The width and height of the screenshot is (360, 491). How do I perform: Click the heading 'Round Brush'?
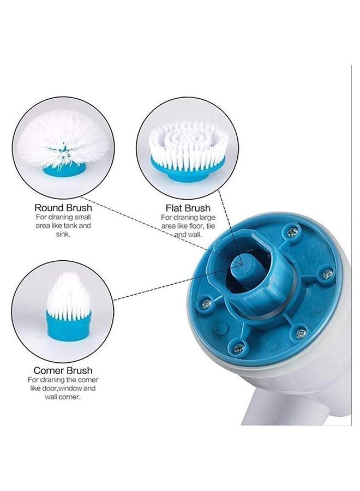click(63, 208)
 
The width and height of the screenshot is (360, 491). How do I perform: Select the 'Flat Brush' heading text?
click(188, 208)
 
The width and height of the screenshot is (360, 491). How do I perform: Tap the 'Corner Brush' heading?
click(63, 370)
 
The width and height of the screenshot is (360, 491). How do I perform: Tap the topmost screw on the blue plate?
click(293, 233)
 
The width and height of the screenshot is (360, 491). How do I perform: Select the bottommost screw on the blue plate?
click(239, 346)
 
